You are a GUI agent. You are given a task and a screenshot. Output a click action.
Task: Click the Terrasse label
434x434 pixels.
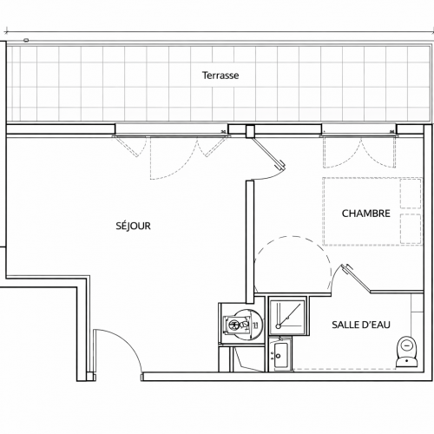tap(220, 76)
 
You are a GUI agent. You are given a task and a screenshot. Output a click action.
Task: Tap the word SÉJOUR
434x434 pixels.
tap(134, 226)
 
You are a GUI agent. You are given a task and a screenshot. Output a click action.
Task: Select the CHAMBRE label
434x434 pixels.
tap(365, 213)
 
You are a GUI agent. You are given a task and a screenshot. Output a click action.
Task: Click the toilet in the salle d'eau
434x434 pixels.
tap(404, 349)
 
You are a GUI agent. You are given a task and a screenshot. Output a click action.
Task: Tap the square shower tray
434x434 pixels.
tap(288, 316)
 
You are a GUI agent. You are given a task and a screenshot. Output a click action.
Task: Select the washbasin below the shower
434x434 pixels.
tap(280, 353)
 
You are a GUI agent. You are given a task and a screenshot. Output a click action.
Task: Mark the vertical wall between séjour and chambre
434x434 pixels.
tap(249, 234)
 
